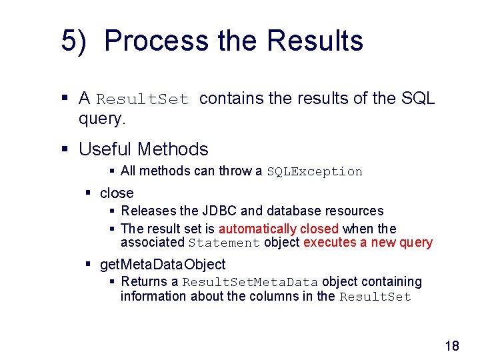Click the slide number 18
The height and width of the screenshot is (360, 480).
coord(451,345)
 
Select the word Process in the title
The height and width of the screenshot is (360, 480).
coord(157,41)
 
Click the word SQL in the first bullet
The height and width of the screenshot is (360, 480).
coord(419,99)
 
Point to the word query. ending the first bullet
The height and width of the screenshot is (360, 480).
coord(102,119)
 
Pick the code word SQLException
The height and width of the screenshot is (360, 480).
coord(315,171)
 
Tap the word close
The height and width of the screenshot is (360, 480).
coord(117,193)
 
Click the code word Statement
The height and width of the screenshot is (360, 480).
coord(224,243)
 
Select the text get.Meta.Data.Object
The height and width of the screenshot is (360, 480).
coord(163,265)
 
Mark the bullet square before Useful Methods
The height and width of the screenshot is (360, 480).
coord(65,149)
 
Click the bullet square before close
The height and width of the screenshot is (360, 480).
coord(88,193)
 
